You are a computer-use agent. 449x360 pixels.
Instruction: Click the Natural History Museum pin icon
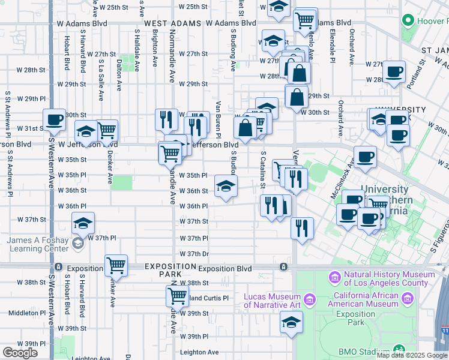[335, 278]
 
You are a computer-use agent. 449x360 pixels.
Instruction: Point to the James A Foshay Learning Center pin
[77, 243]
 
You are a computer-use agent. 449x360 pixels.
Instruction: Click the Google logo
[20, 352]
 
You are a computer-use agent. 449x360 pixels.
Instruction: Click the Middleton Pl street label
[26, 313]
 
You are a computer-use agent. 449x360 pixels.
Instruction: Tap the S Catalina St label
[263, 172]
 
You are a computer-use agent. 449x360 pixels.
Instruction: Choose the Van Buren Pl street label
[218, 119]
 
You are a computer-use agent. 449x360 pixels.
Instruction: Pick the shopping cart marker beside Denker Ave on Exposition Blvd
[116, 265]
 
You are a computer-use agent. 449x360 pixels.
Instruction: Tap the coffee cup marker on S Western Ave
[54, 119]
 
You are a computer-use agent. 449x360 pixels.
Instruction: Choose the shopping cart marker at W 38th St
[177, 295]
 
